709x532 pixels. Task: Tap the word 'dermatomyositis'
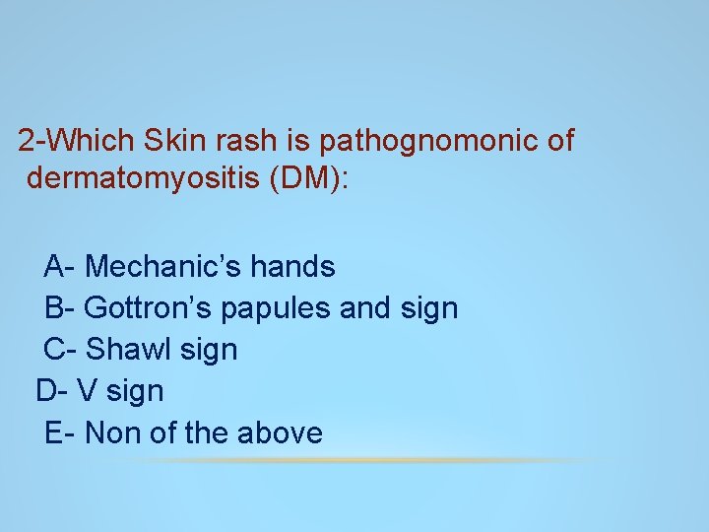(x=144, y=177)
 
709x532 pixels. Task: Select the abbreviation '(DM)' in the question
(x=309, y=177)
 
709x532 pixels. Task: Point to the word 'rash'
(x=245, y=140)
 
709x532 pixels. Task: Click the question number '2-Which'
(x=76, y=140)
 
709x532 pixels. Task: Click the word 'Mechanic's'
(x=162, y=266)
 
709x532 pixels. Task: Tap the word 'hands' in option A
(x=293, y=266)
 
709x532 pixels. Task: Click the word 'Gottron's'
(x=148, y=307)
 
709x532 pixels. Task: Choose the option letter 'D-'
(x=51, y=391)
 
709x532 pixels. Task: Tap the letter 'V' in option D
(x=87, y=391)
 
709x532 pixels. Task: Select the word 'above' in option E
(x=280, y=432)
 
